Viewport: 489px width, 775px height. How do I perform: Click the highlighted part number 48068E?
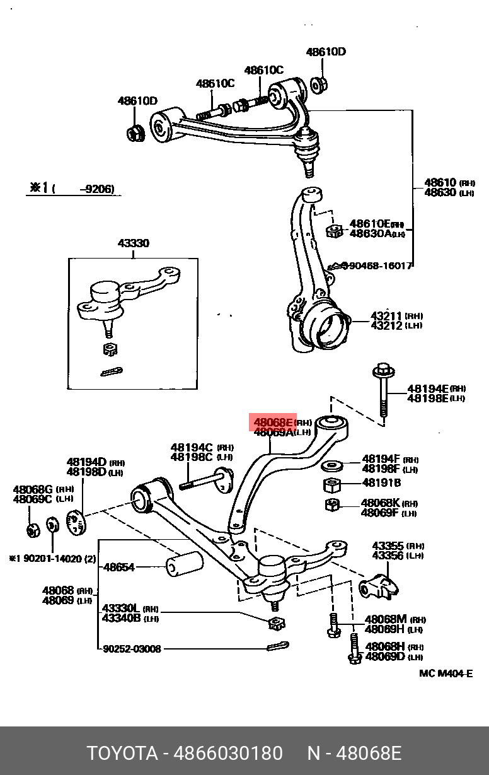coord(273,422)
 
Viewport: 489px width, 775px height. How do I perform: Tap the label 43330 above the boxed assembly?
coord(133,243)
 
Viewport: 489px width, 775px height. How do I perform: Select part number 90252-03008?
coord(132,648)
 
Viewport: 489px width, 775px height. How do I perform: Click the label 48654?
coord(119,567)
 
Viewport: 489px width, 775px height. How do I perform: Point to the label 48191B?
coord(381,483)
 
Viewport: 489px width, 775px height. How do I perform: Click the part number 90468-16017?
coord(379,266)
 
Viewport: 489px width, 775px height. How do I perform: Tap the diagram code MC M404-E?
coord(446,673)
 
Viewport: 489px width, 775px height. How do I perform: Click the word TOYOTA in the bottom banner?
coord(122,753)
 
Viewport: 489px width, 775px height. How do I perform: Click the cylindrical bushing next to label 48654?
coord(183,564)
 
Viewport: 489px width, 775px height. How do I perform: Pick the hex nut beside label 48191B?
coord(332,486)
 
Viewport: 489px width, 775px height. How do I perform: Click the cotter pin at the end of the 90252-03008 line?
coord(277,646)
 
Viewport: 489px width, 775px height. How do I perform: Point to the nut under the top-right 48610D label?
coord(319,84)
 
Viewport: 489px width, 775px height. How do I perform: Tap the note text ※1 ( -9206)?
coord(72,189)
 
